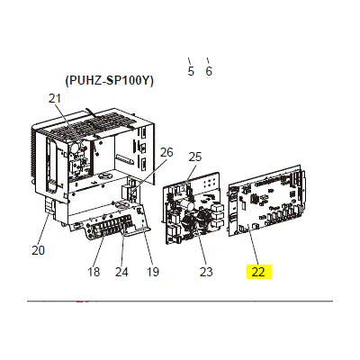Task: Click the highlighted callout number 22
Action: point(258,272)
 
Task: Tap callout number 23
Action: point(206,272)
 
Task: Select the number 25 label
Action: point(195,157)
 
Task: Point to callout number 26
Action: point(166,152)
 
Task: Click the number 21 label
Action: point(55,98)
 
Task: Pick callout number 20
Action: point(39,250)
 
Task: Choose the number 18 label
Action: point(94,272)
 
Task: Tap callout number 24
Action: point(121,272)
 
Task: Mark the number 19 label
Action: point(152,272)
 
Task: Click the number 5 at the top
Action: point(191,71)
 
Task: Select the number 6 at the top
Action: point(209,71)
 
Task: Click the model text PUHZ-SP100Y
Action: point(109,81)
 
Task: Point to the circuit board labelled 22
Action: point(267,200)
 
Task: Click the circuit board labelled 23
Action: point(193,208)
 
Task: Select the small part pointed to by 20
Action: point(49,207)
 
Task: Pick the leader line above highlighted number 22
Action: point(252,246)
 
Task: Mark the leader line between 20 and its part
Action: point(44,228)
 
